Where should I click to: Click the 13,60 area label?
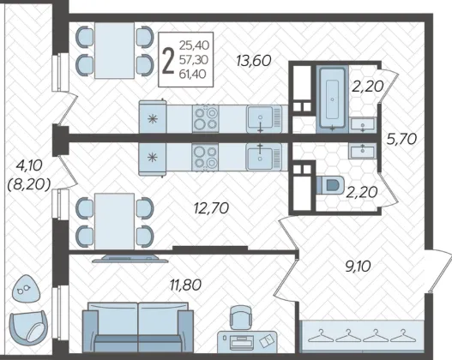[254, 61]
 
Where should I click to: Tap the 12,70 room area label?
[212, 208]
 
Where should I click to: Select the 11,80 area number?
[185, 285]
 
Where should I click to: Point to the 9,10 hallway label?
[358, 267]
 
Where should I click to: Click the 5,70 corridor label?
[401, 140]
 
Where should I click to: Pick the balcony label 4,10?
[29, 165]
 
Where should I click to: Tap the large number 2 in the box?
[168, 61]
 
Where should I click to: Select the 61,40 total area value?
[193, 75]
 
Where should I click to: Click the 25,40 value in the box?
[194, 45]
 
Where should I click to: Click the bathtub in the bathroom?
[333, 99]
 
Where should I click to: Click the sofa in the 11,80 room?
[138, 327]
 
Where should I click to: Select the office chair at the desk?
[241, 318]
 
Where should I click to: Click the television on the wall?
[130, 258]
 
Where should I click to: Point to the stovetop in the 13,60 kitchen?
[206, 118]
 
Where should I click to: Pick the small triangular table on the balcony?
[26, 289]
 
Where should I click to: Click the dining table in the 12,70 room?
[114, 222]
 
